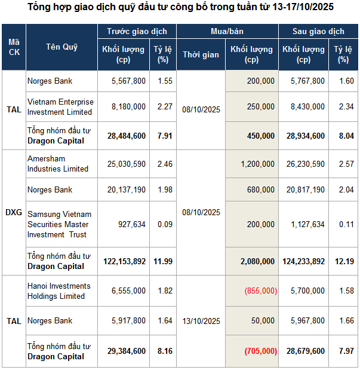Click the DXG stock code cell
coord(13,212)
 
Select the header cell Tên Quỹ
coord(61,47)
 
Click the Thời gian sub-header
coord(201,54)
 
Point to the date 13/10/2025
coord(201,321)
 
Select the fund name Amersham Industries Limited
coord(58,164)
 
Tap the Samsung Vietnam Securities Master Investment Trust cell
coord(60,224)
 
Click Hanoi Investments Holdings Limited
coord(59,291)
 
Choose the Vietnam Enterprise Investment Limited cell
coord(60,106)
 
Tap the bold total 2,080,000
coord(254,261)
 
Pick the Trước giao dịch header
coord(137,31)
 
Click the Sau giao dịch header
coord(318,31)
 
